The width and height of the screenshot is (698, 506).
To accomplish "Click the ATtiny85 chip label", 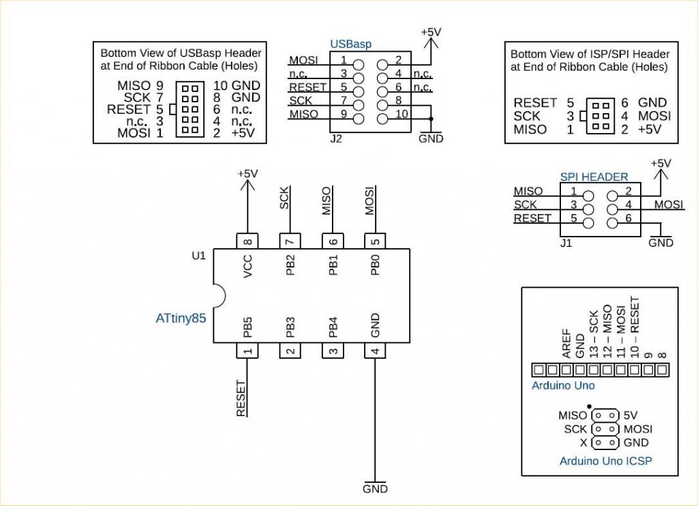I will [181, 318].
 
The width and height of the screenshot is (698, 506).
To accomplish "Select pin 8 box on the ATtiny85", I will [247, 241].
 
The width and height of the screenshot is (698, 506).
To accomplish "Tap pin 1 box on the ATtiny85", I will [247, 351].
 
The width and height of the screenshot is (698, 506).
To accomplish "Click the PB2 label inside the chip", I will [291, 266].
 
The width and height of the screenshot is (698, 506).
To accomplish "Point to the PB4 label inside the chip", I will [333, 327].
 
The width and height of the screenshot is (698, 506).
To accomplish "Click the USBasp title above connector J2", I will [351, 44].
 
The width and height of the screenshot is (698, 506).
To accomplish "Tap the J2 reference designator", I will [335, 138].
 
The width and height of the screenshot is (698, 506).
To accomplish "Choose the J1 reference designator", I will [566, 243].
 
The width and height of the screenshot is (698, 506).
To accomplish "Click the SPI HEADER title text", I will [594, 177].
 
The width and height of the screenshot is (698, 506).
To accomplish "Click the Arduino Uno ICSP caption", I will [605, 461].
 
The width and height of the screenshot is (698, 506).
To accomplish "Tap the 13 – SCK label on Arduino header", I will [594, 334].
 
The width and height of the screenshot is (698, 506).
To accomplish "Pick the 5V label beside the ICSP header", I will [631, 415].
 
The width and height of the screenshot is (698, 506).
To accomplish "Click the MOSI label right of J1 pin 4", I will [669, 205].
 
